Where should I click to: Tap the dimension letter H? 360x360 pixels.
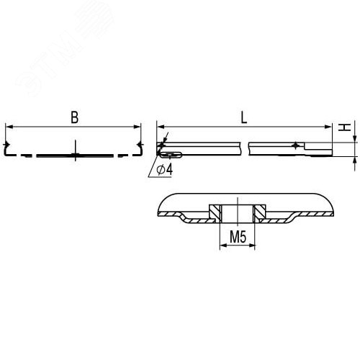(346, 127)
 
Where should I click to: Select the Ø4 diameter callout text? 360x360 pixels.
(163, 169)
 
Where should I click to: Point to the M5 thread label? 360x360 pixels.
(237, 236)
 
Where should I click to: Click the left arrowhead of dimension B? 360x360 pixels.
(9, 127)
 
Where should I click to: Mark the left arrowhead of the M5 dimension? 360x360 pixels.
(220, 246)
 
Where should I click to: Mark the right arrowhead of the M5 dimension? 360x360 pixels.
(253, 246)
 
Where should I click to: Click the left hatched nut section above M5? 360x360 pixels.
(214, 212)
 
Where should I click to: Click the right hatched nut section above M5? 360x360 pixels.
(260, 212)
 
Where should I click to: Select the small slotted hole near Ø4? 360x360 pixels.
(170, 154)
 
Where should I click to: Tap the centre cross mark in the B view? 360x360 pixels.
(75, 154)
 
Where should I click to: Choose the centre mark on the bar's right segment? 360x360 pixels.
(294, 146)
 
